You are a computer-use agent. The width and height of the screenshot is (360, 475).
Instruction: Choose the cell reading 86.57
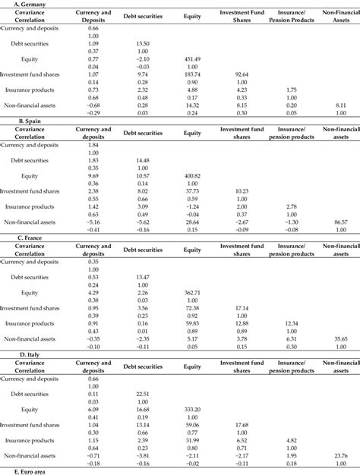click(339, 220)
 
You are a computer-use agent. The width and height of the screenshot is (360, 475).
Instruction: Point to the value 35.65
click(339, 338)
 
